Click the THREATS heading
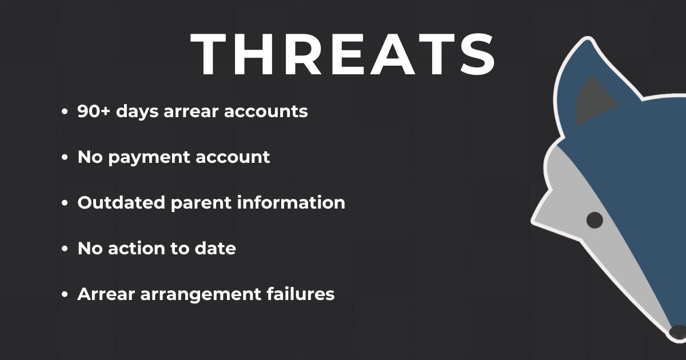[342, 54]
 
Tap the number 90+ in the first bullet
[93, 111]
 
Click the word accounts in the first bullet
[266, 111]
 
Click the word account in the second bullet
[233, 157]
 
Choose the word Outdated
[121, 203]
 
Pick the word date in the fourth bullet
[216, 248]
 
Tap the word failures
[301, 294]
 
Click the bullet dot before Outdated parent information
[64, 203]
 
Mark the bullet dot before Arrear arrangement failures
[64, 294]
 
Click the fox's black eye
[595, 220]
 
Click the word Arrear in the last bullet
[106, 294]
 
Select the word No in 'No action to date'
[90, 248]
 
